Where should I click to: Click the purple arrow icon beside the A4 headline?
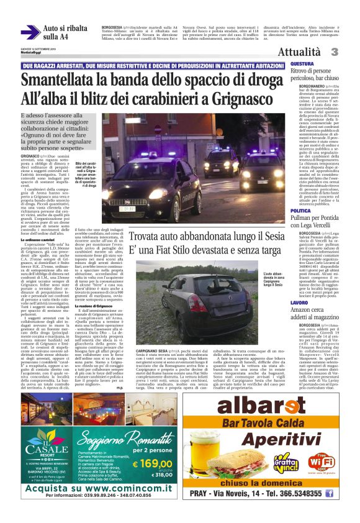30,32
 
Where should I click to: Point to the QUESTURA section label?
302,64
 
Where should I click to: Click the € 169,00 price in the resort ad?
152,463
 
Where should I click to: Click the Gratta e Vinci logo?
286,463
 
